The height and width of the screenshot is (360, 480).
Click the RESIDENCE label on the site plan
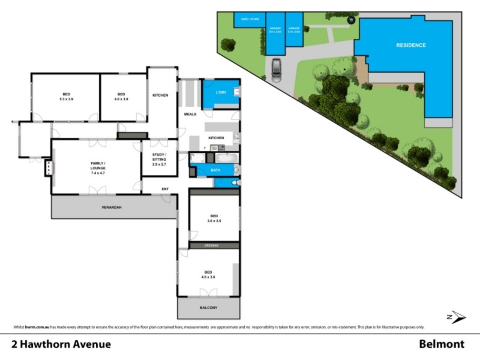point(410,46)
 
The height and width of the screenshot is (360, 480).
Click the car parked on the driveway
point(276,70)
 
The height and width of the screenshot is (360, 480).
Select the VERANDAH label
point(111,208)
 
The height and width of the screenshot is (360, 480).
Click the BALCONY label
point(208,308)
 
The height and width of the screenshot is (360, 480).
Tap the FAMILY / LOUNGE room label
point(98,166)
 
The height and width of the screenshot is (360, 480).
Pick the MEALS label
point(190,113)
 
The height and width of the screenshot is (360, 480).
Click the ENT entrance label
point(165,190)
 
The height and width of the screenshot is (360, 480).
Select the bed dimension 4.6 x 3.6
point(208,277)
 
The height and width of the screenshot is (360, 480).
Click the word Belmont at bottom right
point(442,344)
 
